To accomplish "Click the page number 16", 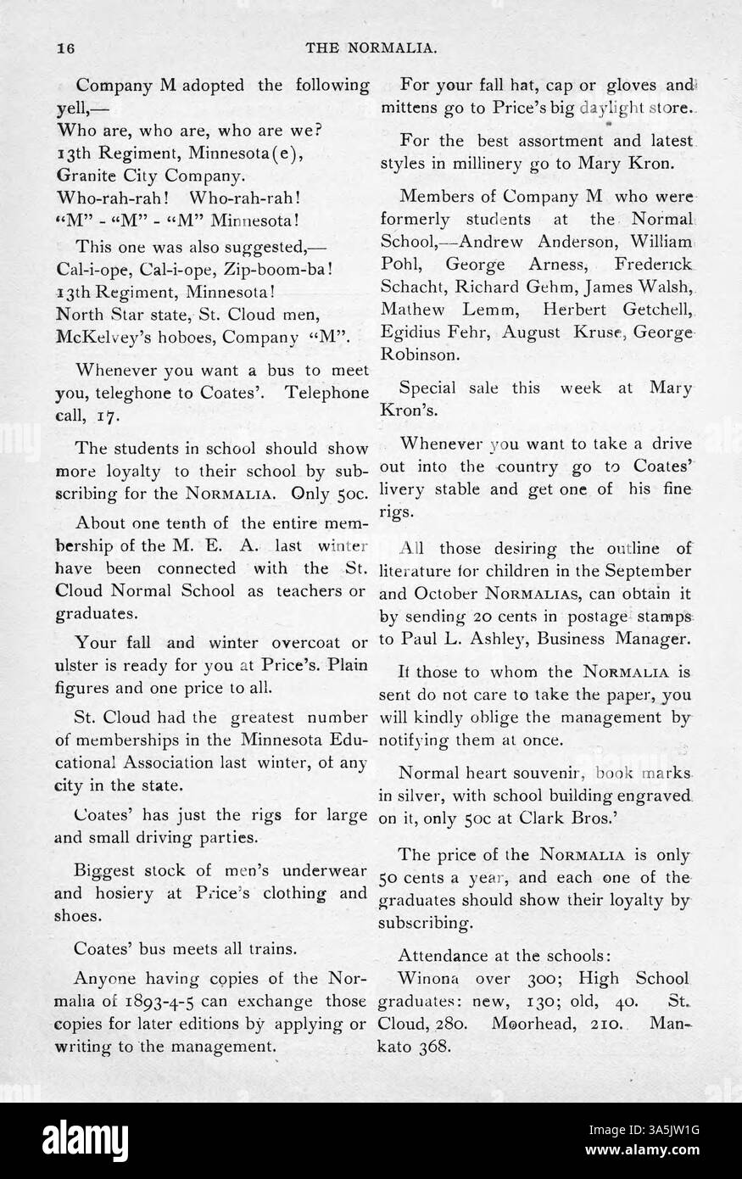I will [x=66, y=48].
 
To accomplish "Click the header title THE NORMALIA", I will [x=371, y=48].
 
